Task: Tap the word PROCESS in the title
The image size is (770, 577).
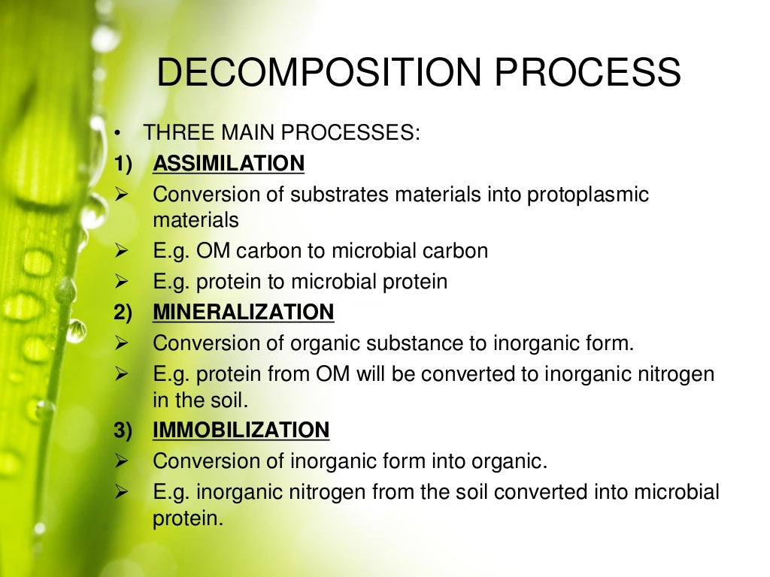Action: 588,73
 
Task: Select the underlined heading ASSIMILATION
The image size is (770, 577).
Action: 229,163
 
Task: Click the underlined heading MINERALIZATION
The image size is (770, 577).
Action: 243,312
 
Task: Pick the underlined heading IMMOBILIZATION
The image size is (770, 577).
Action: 241,430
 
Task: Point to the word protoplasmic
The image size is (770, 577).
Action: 587,195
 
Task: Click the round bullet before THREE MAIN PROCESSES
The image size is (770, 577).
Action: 118,134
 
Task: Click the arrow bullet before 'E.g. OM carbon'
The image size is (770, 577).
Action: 123,251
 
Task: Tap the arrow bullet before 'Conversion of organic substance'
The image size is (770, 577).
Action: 123,343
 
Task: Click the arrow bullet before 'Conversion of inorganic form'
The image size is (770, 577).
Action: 123,461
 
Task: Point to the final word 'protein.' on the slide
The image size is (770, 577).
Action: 188,518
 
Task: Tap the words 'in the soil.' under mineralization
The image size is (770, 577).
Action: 201,400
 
